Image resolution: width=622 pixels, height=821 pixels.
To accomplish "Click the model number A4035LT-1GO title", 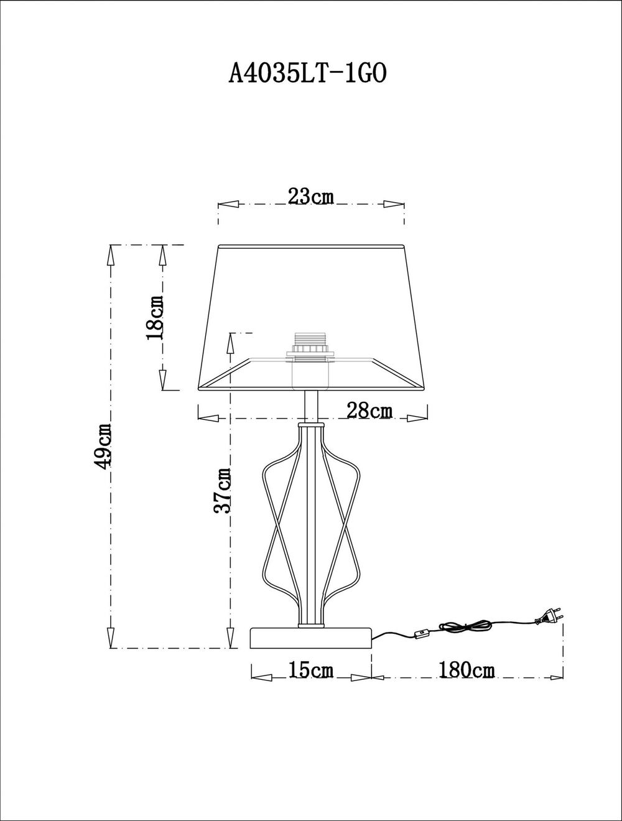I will [309, 73].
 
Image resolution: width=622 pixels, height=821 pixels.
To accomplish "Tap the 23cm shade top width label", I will [311, 197].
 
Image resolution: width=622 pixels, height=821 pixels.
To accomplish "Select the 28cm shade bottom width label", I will [369, 410].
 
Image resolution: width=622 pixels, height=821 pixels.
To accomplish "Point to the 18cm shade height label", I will [155, 317].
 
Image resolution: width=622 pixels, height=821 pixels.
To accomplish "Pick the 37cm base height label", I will [223, 490].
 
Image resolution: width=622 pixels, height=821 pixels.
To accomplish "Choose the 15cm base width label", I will [311, 670].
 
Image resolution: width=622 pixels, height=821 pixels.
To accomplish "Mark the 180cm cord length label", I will [466, 670].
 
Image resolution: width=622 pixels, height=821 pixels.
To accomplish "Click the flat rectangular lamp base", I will [311, 638].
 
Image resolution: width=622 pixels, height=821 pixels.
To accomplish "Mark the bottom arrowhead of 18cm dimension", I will [163, 380].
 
